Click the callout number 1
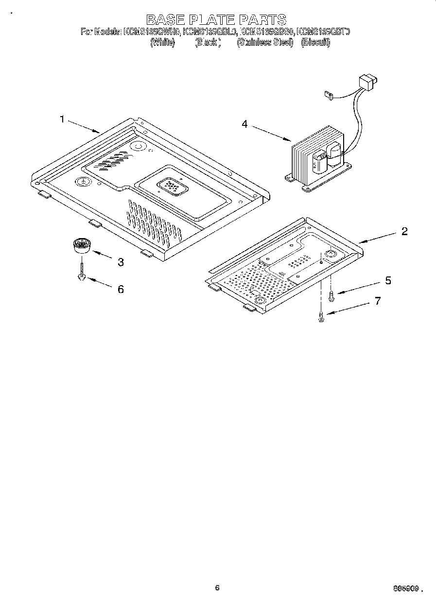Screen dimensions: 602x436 62,119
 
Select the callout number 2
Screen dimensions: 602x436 404,231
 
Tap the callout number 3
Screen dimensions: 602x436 121,262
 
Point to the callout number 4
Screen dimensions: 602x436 244,124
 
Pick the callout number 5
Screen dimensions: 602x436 388,281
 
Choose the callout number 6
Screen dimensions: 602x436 121,290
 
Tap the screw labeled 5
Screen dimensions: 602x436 331,295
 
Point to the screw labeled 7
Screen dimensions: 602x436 321,318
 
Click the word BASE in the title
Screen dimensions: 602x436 166,19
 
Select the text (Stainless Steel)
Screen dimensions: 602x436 265,42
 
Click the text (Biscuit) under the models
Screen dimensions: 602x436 315,42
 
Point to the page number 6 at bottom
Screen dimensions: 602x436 217,587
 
